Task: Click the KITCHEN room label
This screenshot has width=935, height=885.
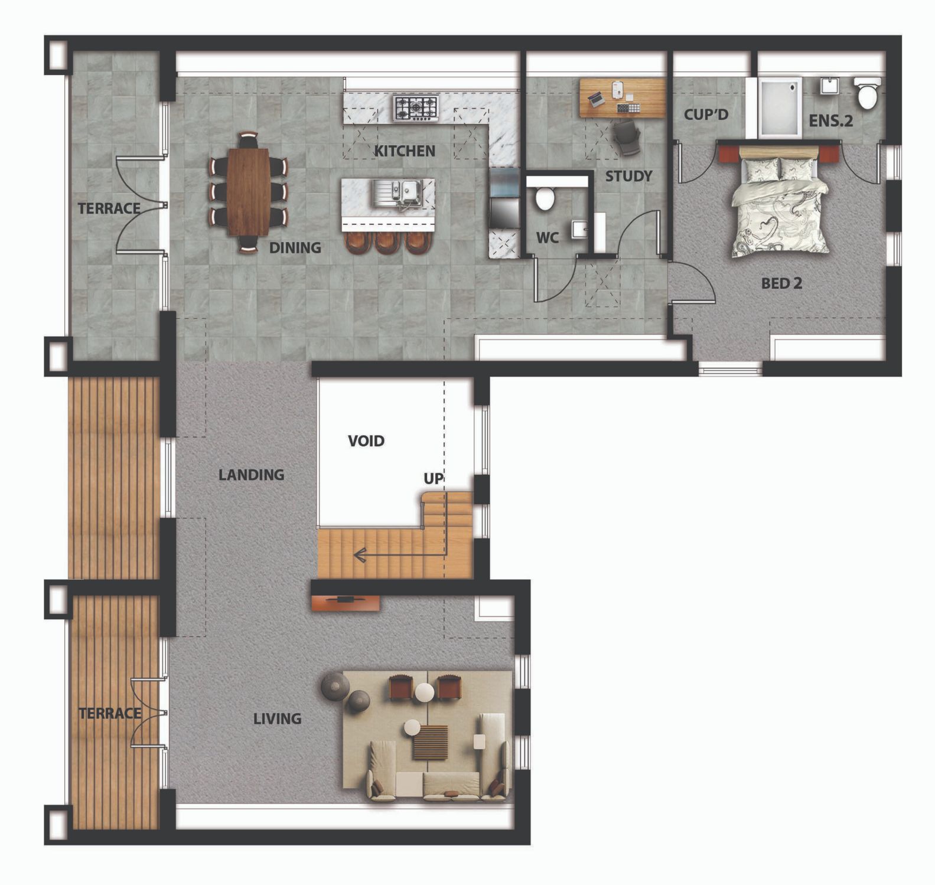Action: click(405, 151)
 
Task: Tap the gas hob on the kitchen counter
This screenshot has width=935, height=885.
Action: click(416, 109)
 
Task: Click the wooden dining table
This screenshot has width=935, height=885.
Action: click(248, 191)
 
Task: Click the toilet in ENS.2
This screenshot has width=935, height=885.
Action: click(867, 93)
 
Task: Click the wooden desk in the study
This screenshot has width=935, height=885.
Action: click(623, 97)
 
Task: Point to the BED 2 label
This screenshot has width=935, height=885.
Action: click(781, 283)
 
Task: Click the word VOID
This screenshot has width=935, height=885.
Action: click(366, 441)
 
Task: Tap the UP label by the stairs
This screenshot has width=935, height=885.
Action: click(434, 478)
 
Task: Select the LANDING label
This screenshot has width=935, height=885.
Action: click(251, 475)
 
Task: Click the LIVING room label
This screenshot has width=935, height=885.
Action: click(277, 719)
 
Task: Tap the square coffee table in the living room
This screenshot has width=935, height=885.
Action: click(430, 742)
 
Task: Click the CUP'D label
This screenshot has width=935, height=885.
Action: click(706, 115)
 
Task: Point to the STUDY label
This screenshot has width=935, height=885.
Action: click(628, 176)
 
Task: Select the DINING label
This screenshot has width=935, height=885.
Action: click(295, 248)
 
